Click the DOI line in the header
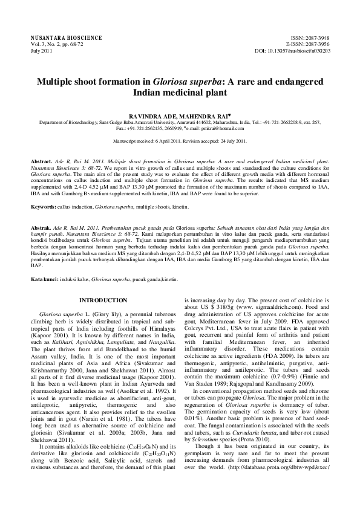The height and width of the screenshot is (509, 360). point(293,51)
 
